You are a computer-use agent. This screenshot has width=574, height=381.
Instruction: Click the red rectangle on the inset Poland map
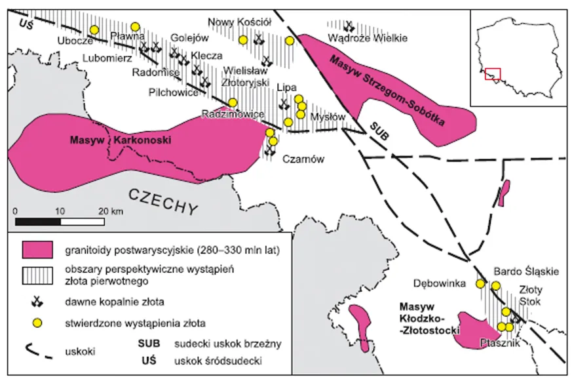[493, 74]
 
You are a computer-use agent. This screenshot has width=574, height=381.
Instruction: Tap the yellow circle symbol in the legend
[37, 323]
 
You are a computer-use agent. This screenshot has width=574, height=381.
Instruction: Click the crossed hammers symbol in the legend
[37, 302]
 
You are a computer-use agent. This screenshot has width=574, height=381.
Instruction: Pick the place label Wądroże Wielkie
[368, 39]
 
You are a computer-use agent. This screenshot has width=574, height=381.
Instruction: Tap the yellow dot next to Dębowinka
[480, 284]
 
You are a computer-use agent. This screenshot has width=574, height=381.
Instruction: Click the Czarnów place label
[300, 158]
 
